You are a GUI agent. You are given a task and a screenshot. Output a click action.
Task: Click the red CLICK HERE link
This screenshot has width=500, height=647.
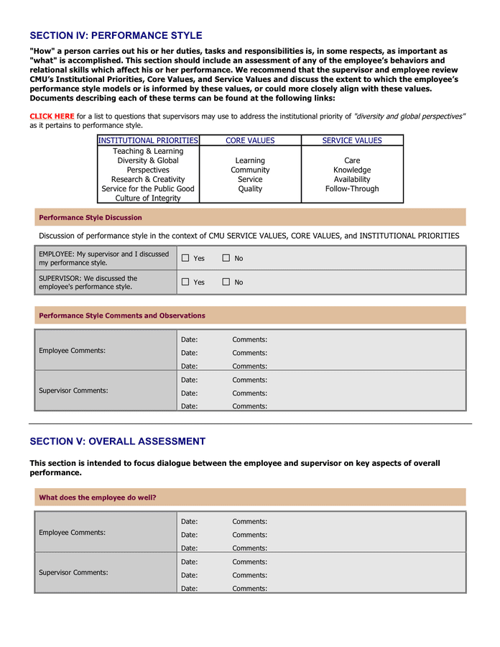pyautogui.click(x=52, y=116)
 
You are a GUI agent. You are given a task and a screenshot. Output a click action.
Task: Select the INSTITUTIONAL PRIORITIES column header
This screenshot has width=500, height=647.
pyautogui.click(x=148, y=141)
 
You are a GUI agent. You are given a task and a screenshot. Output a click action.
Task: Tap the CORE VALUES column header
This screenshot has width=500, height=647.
pyautogui.click(x=250, y=141)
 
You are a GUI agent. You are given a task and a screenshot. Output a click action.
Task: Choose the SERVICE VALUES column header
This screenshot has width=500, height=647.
pyautogui.click(x=352, y=141)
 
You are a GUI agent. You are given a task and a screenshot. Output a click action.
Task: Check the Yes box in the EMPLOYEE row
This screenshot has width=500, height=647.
pyautogui.click(x=185, y=258)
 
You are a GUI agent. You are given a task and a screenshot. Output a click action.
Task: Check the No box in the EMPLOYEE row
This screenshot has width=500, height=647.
pyautogui.click(x=226, y=258)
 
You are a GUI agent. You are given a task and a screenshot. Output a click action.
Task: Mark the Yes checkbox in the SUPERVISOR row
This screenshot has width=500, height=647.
pyautogui.click(x=185, y=282)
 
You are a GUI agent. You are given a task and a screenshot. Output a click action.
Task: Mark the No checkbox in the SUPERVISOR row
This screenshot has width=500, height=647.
pyautogui.click(x=226, y=282)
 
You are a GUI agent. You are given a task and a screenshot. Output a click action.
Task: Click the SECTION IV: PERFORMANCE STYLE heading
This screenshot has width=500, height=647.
pyautogui.click(x=116, y=35)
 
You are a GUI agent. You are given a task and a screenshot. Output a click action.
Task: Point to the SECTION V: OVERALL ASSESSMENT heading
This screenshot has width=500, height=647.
pyautogui.click(x=117, y=441)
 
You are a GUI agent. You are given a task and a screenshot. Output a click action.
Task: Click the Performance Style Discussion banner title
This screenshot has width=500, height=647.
pyautogui.click(x=91, y=217)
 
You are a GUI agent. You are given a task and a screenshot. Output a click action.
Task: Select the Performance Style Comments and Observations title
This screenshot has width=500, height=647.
pyautogui.click(x=122, y=316)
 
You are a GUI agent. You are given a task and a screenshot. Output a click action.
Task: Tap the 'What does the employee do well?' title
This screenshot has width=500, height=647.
pyautogui.click(x=98, y=497)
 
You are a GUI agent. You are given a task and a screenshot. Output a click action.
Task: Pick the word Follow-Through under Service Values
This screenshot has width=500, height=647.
pyautogui.click(x=352, y=189)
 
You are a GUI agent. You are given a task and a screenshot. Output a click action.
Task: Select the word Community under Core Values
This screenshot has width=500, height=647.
pyautogui.click(x=250, y=170)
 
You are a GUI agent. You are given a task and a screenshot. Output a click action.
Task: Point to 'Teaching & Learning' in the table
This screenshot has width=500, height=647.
pyautogui.click(x=148, y=152)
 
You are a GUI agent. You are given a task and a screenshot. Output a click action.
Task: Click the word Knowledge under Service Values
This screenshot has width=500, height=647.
pyautogui.click(x=352, y=170)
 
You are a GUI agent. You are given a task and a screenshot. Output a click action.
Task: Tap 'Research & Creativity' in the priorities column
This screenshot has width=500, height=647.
pyautogui.click(x=148, y=180)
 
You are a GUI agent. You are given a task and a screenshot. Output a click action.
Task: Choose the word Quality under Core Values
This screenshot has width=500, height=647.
pyautogui.click(x=250, y=189)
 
